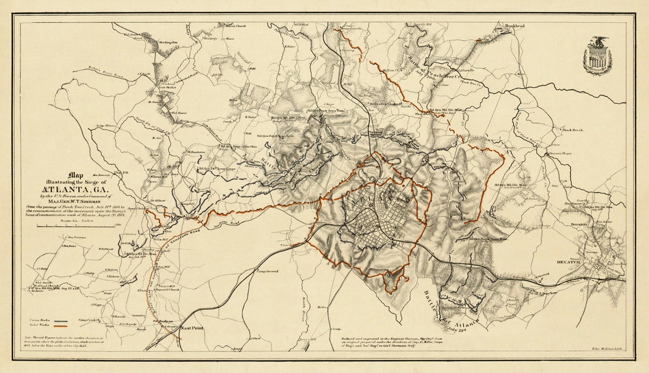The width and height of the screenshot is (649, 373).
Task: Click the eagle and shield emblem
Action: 597,56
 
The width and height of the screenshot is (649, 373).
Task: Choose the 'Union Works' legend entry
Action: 38,321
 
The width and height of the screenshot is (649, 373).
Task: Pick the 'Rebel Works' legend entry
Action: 38,326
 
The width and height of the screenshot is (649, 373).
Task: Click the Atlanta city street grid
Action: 379,219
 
